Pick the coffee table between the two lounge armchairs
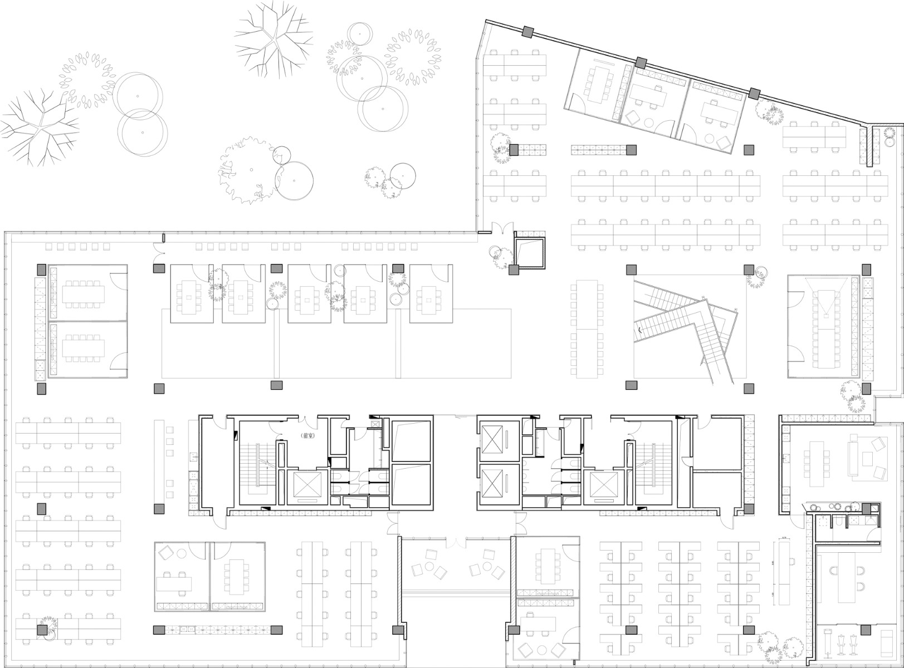867,459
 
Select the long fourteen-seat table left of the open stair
587,328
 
